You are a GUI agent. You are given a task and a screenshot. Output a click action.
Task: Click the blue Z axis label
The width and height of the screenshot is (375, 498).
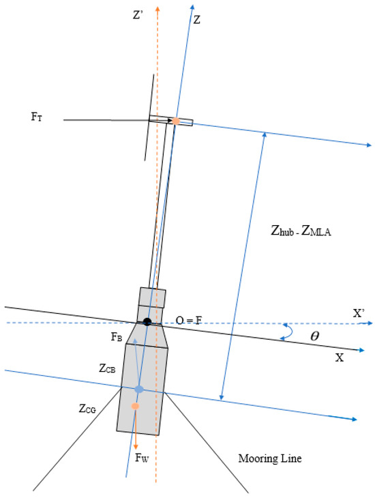pyautogui.click(x=197, y=20)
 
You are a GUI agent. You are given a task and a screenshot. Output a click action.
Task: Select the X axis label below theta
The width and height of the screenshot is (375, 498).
pyautogui.click(x=339, y=357)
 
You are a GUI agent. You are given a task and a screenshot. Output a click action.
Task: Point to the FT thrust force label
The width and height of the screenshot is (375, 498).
pyautogui.click(x=37, y=117)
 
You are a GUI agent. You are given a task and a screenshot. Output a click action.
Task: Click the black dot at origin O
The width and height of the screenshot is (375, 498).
pyautogui.click(x=147, y=322)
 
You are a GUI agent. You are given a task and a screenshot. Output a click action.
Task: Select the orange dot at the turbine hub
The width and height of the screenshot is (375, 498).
pyautogui.click(x=175, y=121)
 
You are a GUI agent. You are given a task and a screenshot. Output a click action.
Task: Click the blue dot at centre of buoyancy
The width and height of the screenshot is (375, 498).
pyautogui.click(x=138, y=389)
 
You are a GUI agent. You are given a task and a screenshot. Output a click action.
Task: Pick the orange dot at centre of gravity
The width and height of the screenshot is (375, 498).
pyautogui.click(x=136, y=407)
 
